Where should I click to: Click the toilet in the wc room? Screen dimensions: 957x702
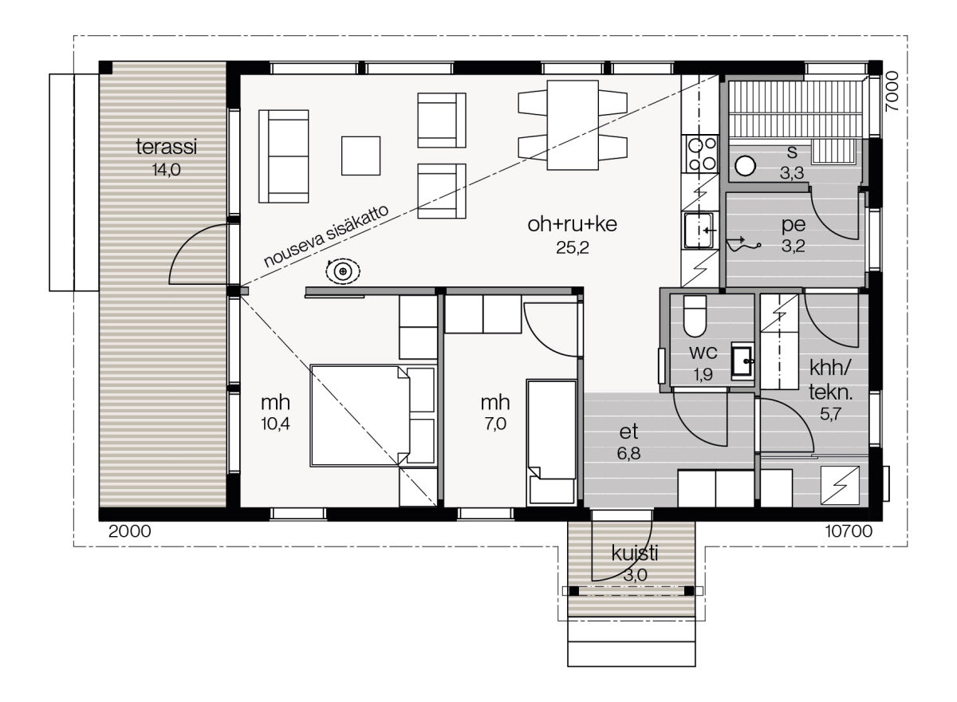(x=695, y=317)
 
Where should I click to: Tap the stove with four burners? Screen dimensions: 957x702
(x=702, y=154)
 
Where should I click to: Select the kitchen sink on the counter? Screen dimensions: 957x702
(x=699, y=231)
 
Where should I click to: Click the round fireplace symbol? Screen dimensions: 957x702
(x=343, y=271)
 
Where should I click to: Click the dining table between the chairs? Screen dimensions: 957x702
(x=573, y=124)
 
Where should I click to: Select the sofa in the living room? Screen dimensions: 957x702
(x=284, y=156)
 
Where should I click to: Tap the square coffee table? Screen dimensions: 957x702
(x=361, y=156)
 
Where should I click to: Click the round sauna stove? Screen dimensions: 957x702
(x=746, y=165)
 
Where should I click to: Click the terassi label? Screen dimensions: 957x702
(x=167, y=147)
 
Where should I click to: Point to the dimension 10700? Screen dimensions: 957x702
(x=849, y=531)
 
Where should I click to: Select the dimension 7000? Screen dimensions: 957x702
(x=892, y=92)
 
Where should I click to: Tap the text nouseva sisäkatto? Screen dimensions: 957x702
(x=326, y=236)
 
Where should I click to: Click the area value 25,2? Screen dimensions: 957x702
(x=573, y=247)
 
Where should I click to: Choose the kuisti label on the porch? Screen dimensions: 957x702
(x=635, y=554)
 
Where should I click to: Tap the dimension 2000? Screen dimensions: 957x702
(x=130, y=531)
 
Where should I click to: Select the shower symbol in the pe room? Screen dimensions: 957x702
(x=743, y=245)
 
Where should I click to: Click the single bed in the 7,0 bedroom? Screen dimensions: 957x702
(x=552, y=441)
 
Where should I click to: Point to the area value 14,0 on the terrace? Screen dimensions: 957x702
(x=167, y=170)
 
